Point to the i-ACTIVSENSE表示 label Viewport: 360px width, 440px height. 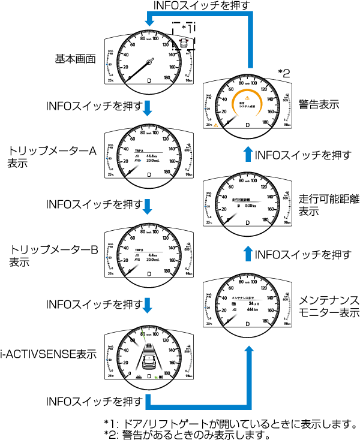tap(50, 354)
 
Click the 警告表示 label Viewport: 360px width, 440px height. tap(319, 104)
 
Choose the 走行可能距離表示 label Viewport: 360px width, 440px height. tap(329, 206)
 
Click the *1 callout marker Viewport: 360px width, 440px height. tap(187, 29)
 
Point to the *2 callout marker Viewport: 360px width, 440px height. tap(284, 73)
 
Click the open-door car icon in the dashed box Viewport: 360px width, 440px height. tap(183, 43)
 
